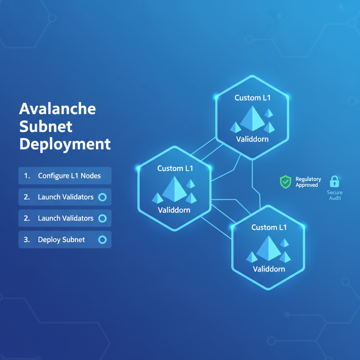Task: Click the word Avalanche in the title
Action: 57,109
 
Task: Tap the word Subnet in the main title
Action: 46,127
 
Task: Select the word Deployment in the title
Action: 65,144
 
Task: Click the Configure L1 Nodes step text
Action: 69,176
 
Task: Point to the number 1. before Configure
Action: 27,176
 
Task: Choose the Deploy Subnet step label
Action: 62,240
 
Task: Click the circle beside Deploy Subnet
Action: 102,240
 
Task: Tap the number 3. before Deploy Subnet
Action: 27,240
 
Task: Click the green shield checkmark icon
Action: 285,182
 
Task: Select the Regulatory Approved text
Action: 308,182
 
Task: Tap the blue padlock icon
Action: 334,182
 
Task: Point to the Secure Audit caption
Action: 334,195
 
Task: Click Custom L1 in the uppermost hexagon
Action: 252,98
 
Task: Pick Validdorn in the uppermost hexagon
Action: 252,139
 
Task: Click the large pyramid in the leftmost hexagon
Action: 174,190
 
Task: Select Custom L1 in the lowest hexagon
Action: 269,227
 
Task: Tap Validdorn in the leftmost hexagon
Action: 174,210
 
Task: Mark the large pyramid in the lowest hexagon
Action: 269,248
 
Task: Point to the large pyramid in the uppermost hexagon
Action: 252,119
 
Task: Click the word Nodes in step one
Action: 91,176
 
